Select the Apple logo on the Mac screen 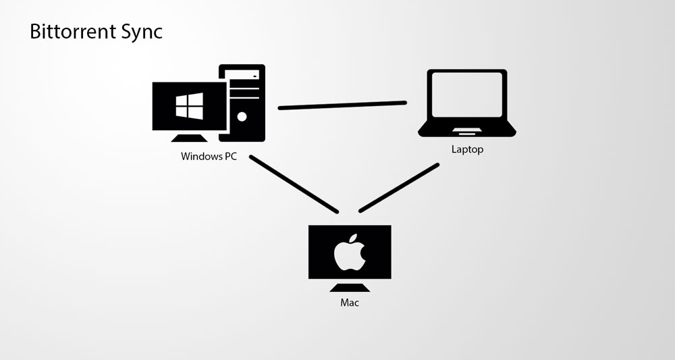[x=350, y=253]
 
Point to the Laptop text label [x=467, y=149]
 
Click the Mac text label [x=350, y=303]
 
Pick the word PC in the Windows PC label [x=231, y=156]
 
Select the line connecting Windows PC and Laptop [x=342, y=105]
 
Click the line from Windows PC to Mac [x=293, y=184]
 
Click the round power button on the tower [x=242, y=115]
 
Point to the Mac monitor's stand [x=350, y=286]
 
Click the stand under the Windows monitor [x=189, y=137]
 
